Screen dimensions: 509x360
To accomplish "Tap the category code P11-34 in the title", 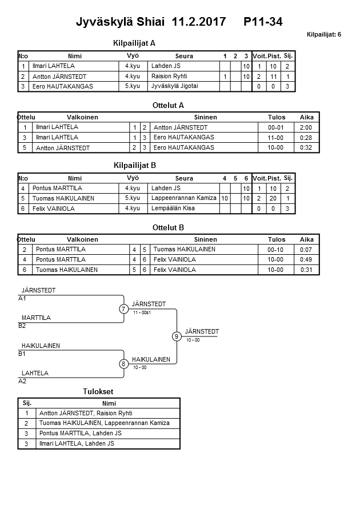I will tap(263, 22).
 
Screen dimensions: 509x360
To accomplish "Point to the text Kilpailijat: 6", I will tap(323, 35).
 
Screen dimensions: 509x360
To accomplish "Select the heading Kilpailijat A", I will tap(134, 43).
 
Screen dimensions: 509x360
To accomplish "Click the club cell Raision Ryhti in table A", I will tap(169, 77).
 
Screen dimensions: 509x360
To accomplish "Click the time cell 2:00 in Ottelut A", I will tap(306, 127).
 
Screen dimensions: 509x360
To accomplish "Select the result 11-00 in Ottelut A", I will tap(277, 138).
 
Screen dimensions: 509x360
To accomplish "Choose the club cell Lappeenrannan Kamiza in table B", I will tap(184, 198).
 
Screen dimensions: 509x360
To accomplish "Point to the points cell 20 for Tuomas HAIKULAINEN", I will tap(274, 198).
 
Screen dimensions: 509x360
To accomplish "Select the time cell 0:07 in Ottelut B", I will tap(306, 250).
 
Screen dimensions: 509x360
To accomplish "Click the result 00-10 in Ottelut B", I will tap(277, 250).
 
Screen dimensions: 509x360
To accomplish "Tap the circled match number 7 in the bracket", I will tap(123, 309).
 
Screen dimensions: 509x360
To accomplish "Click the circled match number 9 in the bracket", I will tap(177, 336).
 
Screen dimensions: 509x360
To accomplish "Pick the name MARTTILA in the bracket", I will tap(36, 318).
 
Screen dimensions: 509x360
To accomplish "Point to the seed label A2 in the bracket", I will tap(22, 381).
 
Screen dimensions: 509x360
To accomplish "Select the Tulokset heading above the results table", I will tap(98, 391).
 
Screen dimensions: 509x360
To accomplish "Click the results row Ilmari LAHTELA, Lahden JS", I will tap(77, 443).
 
